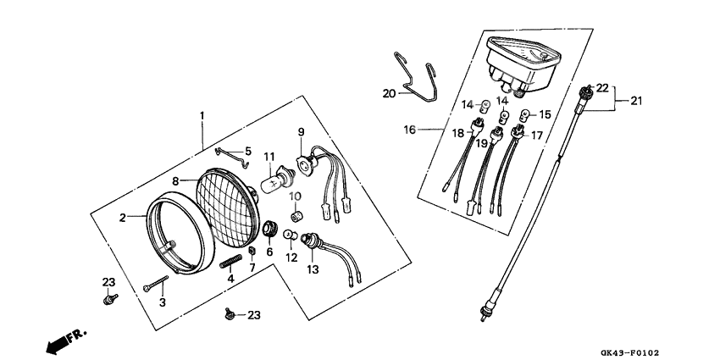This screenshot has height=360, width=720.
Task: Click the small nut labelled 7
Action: click(x=252, y=254)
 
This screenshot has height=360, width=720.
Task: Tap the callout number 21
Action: click(x=635, y=101)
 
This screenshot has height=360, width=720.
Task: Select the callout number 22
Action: click(x=602, y=87)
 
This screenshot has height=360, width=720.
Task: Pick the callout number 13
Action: click(x=312, y=269)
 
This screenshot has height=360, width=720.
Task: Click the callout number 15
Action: click(x=545, y=114)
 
